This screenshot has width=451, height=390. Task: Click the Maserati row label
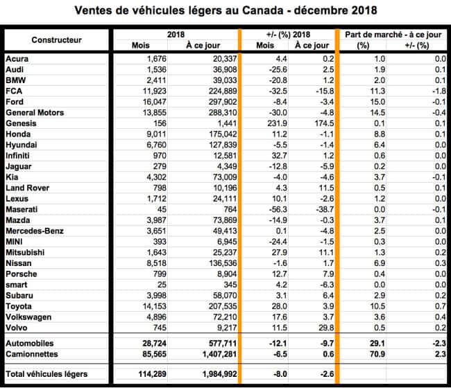(22, 209)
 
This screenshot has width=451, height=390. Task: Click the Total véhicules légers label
(47, 375)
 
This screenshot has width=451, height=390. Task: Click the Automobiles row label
(28, 343)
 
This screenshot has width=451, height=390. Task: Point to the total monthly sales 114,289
(139, 375)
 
